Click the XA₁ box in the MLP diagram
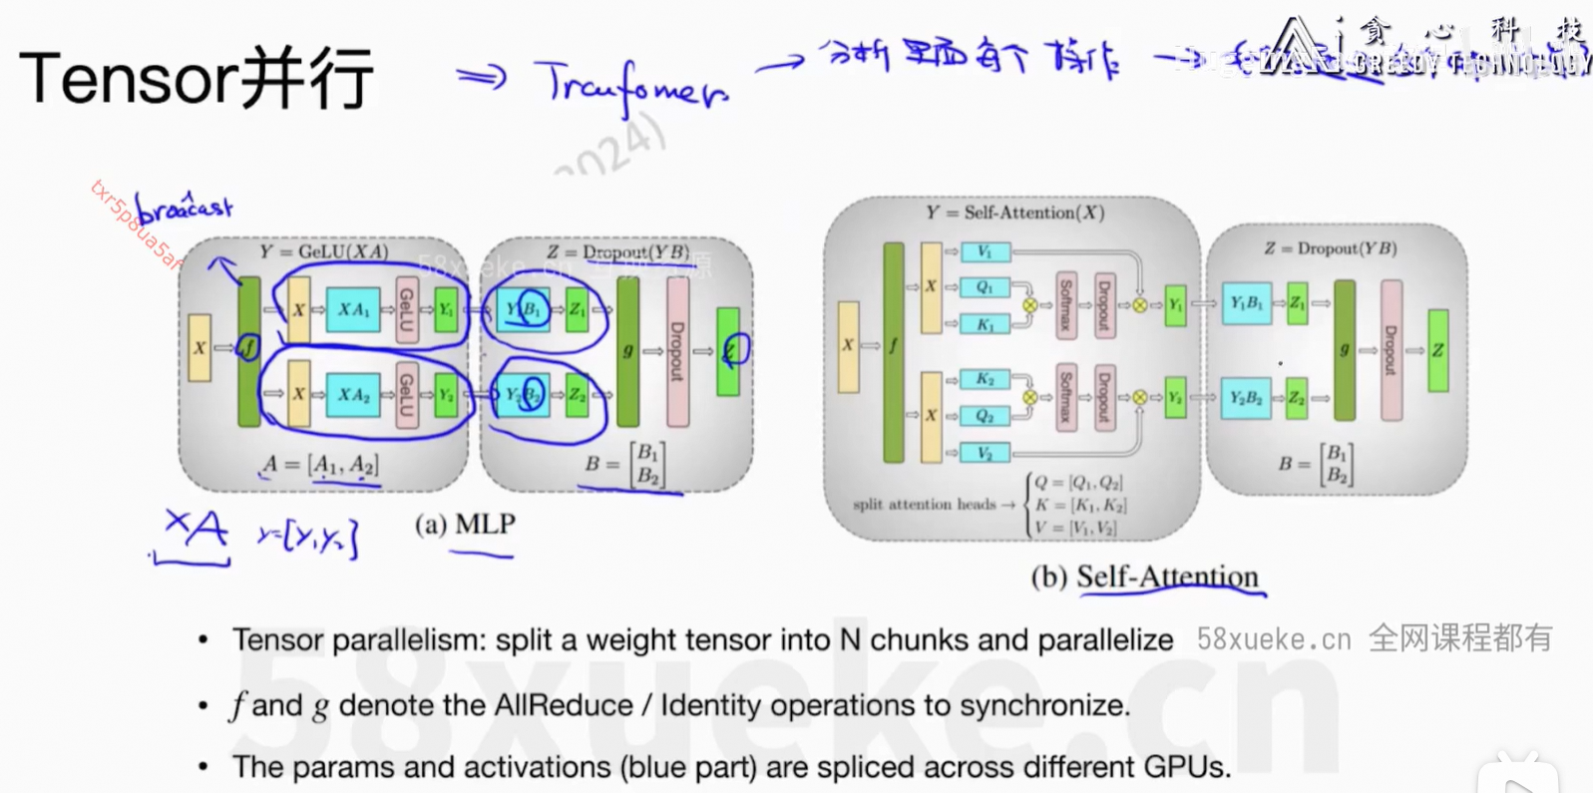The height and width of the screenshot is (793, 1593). pos(353,309)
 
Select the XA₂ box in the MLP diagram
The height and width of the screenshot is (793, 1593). pos(353,395)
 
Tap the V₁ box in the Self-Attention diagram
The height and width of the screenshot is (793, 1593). pos(985,251)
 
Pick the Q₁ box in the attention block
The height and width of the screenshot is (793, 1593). pos(985,287)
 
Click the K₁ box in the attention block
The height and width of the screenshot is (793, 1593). pos(985,324)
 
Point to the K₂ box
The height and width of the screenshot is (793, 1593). pos(985,379)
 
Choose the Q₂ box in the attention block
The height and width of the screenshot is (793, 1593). pos(985,416)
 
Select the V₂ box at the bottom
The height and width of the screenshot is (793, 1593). pos(985,453)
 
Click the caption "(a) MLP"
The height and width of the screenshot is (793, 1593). pos(465,525)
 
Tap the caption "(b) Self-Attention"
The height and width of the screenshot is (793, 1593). pos(1144,577)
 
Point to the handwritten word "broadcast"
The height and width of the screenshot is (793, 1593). pos(185,208)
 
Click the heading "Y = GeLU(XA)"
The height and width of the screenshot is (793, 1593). pos(323,251)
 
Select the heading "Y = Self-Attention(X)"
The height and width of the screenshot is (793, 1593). pos(1014,212)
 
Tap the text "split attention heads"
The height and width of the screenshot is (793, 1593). pos(924,505)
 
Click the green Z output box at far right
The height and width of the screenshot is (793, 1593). pos(1437,350)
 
